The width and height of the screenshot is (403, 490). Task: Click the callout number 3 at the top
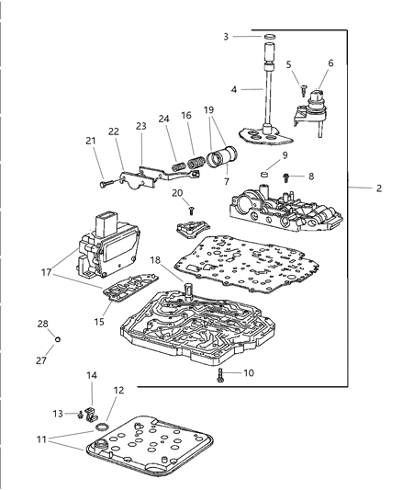coord(226,36)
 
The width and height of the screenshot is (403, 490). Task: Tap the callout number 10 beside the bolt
coord(250,373)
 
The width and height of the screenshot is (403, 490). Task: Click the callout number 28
coord(42,325)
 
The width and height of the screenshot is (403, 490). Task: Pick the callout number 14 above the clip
coord(91,375)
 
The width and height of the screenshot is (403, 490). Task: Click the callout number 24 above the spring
coord(162,118)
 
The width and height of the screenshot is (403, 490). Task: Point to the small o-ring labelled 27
coord(56,339)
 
